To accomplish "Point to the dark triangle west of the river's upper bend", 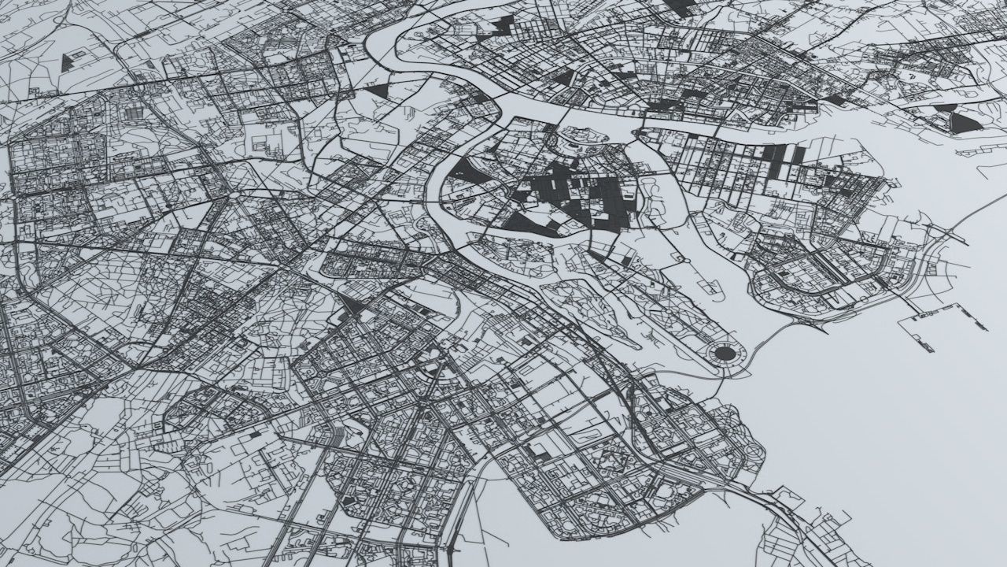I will pos(378,91).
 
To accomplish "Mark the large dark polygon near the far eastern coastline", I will pos(965,122).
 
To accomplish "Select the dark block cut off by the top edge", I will pos(680,6).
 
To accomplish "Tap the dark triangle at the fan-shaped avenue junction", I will pos(352,306).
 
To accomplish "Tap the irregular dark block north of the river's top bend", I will pos(499,25).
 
